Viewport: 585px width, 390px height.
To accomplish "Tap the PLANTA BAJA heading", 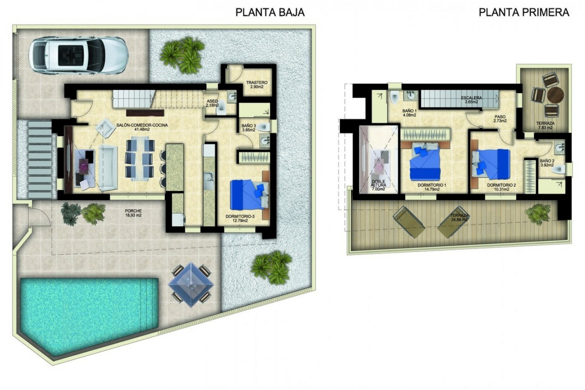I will (270, 12).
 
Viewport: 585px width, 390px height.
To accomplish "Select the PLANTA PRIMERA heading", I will (524, 12).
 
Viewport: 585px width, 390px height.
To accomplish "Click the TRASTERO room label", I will (257, 84).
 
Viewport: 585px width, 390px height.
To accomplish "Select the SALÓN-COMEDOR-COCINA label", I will (142, 127).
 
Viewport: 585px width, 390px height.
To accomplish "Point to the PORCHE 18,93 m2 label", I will (133, 213).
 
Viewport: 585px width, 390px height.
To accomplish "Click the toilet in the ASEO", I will (221, 108).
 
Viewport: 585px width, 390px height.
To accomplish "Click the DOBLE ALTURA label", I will (378, 185).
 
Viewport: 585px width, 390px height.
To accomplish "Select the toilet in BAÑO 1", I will (394, 98).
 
